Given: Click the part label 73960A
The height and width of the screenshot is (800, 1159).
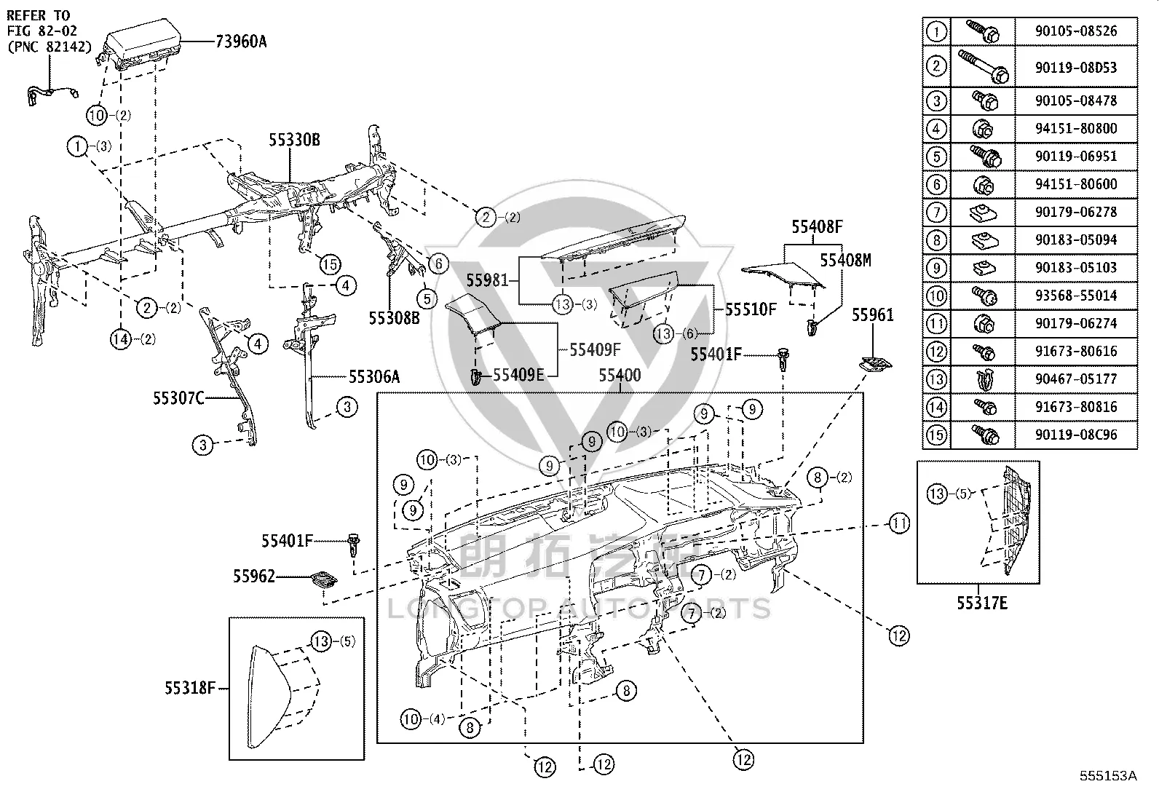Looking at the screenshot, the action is [x=241, y=41].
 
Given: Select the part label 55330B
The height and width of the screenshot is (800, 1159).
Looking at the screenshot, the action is [x=294, y=140].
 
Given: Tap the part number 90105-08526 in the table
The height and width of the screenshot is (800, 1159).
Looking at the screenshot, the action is [x=1076, y=31].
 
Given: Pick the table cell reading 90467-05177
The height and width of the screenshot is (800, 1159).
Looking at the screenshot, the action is [x=1076, y=379].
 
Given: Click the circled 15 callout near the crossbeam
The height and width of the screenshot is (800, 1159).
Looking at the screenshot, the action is [x=330, y=265].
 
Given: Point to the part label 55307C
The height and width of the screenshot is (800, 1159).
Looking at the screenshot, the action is [x=178, y=398].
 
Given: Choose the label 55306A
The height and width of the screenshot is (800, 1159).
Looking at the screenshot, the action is [x=374, y=377].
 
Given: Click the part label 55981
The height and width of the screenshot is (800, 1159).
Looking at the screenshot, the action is [x=487, y=280].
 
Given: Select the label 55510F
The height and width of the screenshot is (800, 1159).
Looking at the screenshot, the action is [x=751, y=309].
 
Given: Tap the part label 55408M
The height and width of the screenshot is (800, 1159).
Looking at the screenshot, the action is [x=845, y=261].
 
